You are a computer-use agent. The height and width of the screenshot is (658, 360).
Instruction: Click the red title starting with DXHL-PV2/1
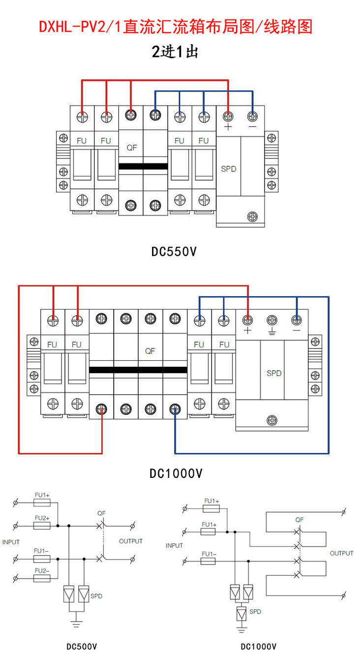(176, 27)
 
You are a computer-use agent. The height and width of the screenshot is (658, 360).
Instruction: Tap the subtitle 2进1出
(175, 52)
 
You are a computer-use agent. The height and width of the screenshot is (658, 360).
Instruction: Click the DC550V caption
(174, 252)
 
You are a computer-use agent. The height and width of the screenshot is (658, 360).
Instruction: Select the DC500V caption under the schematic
(82, 647)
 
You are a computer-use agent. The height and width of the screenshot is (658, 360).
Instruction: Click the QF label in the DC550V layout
(132, 148)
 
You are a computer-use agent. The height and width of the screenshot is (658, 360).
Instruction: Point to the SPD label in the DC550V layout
(229, 169)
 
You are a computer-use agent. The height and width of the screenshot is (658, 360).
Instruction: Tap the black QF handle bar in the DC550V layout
(143, 166)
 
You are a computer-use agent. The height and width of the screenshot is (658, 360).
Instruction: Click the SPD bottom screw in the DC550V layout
(252, 217)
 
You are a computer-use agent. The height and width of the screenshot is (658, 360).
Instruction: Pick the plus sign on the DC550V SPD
(228, 127)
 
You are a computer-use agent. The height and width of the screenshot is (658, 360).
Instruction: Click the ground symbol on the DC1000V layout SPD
(272, 331)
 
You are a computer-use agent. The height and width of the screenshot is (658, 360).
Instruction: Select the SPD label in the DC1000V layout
(274, 373)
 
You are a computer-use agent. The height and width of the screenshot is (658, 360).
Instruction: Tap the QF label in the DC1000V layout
(150, 351)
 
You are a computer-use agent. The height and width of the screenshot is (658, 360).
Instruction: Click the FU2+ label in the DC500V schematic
(42, 518)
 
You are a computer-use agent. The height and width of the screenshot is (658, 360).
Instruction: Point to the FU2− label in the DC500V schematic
(42, 571)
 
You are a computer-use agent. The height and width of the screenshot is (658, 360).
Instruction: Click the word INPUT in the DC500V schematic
(11, 542)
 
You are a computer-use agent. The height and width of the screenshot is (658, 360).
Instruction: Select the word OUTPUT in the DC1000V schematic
(341, 554)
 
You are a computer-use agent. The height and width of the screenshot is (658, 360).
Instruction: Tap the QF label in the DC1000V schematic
(299, 520)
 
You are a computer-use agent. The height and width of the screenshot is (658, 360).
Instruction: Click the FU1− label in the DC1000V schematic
(209, 554)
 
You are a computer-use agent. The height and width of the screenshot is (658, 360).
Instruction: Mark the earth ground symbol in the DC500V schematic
(76, 623)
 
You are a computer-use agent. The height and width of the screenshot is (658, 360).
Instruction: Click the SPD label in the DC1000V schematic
(255, 612)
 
